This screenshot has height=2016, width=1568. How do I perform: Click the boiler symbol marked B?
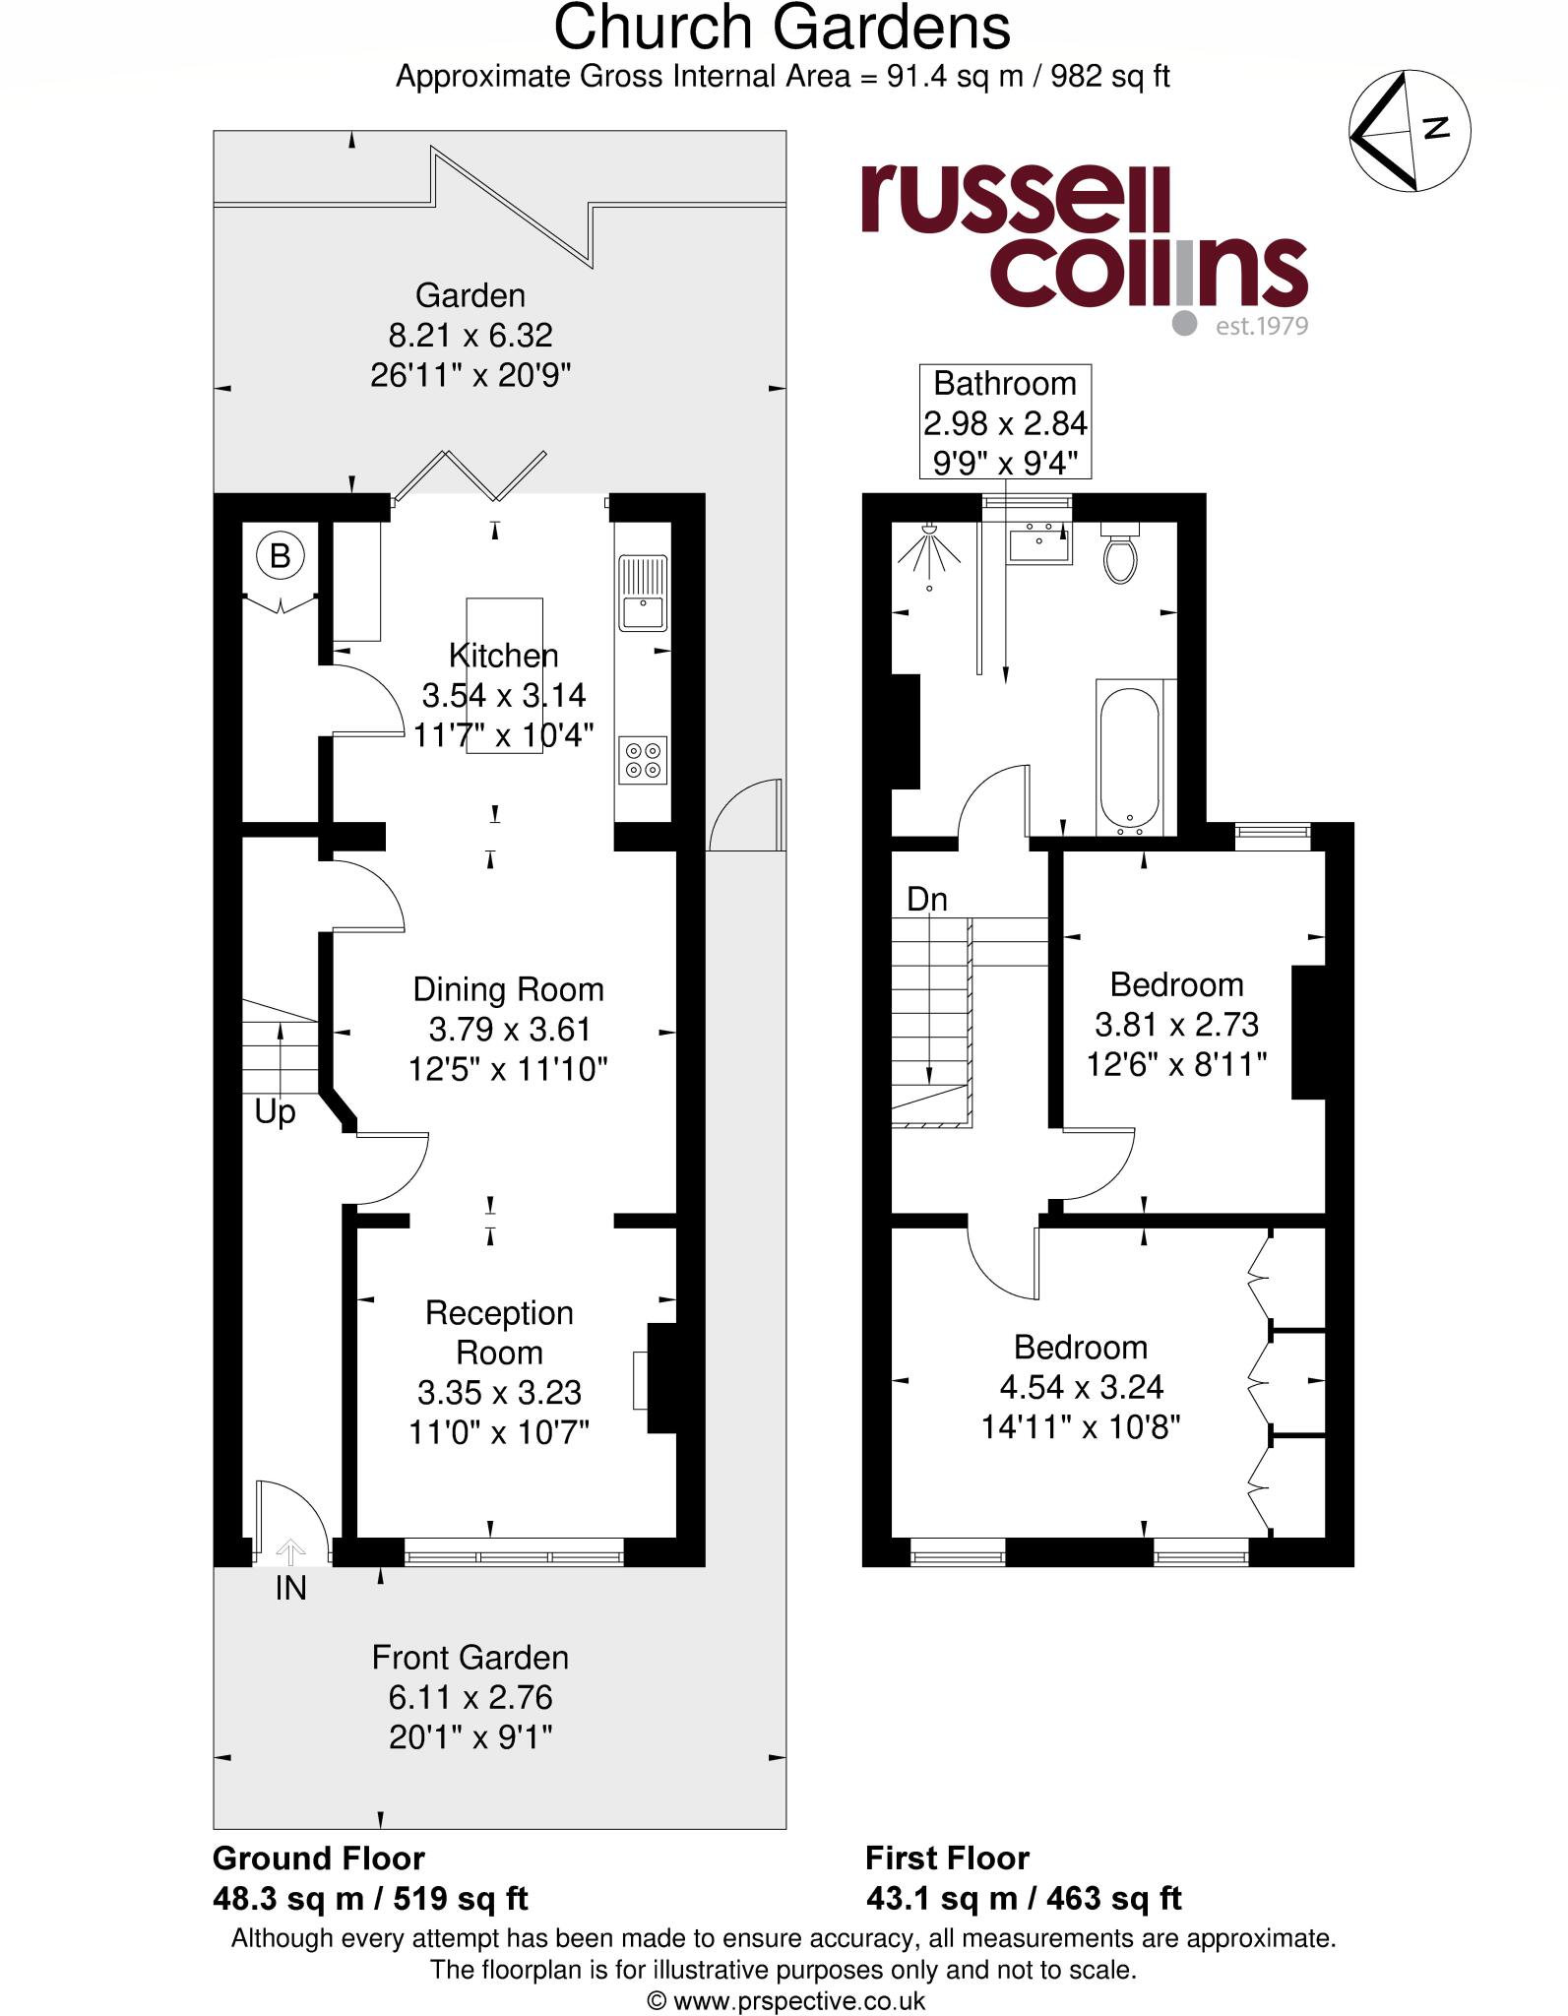point(280,556)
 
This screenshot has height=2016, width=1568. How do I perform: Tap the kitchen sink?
point(643,593)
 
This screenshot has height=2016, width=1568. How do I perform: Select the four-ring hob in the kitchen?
point(644,759)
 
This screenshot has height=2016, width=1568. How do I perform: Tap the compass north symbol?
point(1410,130)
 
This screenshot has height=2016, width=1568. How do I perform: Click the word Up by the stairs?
point(275,1112)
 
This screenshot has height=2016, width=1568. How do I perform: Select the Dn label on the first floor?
point(926,899)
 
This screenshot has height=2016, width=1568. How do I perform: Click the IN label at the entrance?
point(290,1588)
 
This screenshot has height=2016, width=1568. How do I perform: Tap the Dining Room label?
point(508,989)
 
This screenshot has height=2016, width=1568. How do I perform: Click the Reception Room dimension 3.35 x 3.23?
point(499,1392)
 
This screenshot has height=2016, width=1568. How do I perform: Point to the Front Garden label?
point(470,1658)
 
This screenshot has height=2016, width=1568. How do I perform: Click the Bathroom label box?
point(1005,422)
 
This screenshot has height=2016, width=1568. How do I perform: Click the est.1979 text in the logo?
point(1261,326)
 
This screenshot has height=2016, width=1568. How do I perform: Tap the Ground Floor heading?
point(319,1858)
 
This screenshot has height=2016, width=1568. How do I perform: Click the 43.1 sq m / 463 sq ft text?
point(1024,1898)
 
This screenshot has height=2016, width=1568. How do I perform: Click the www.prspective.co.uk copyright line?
point(784,2001)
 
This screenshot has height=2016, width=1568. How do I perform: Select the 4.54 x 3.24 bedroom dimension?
point(1081,1387)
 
